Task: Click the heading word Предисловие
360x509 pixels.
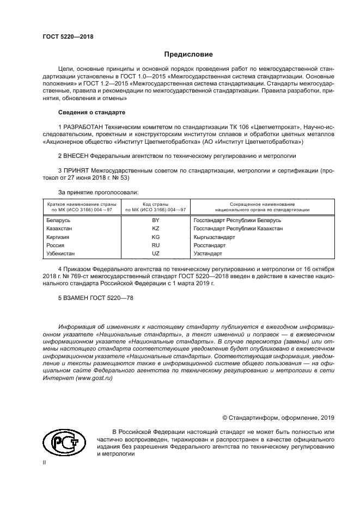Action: click(x=188, y=54)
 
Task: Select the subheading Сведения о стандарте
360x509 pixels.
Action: click(x=91, y=112)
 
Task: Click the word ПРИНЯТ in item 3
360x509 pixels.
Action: click(x=78, y=170)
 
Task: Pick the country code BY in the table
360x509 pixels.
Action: click(x=155, y=220)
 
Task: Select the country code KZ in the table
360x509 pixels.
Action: click(x=155, y=229)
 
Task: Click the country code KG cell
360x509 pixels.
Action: click(x=155, y=237)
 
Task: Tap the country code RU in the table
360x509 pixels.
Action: click(x=155, y=246)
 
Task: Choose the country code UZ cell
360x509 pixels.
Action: click(x=155, y=254)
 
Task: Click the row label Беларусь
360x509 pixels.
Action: click(x=60, y=220)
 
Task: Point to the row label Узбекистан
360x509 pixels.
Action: click(x=63, y=254)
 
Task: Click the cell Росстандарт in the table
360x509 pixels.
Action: click(x=210, y=246)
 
